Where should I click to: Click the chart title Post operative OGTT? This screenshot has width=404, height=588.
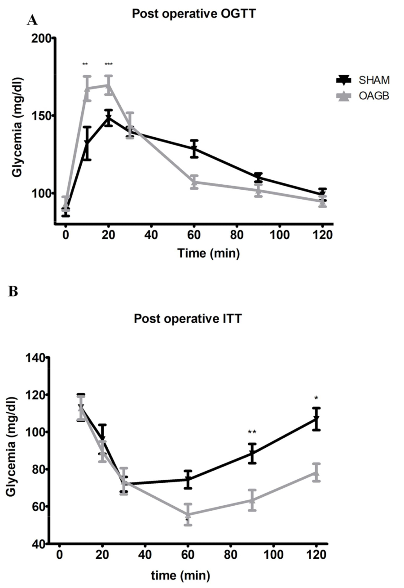coord(193,14)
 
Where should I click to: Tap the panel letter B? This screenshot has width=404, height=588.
coord(13,292)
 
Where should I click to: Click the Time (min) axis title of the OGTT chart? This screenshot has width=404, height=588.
coord(208,254)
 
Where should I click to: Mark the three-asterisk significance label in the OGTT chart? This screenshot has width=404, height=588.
coord(108,64)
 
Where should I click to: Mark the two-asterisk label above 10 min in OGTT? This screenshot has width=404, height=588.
coord(85,64)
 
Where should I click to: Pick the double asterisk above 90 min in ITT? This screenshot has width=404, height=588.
coord(252,432)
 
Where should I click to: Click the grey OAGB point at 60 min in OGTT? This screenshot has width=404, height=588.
coord(194,182)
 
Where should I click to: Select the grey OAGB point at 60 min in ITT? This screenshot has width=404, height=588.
coord(188,514)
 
